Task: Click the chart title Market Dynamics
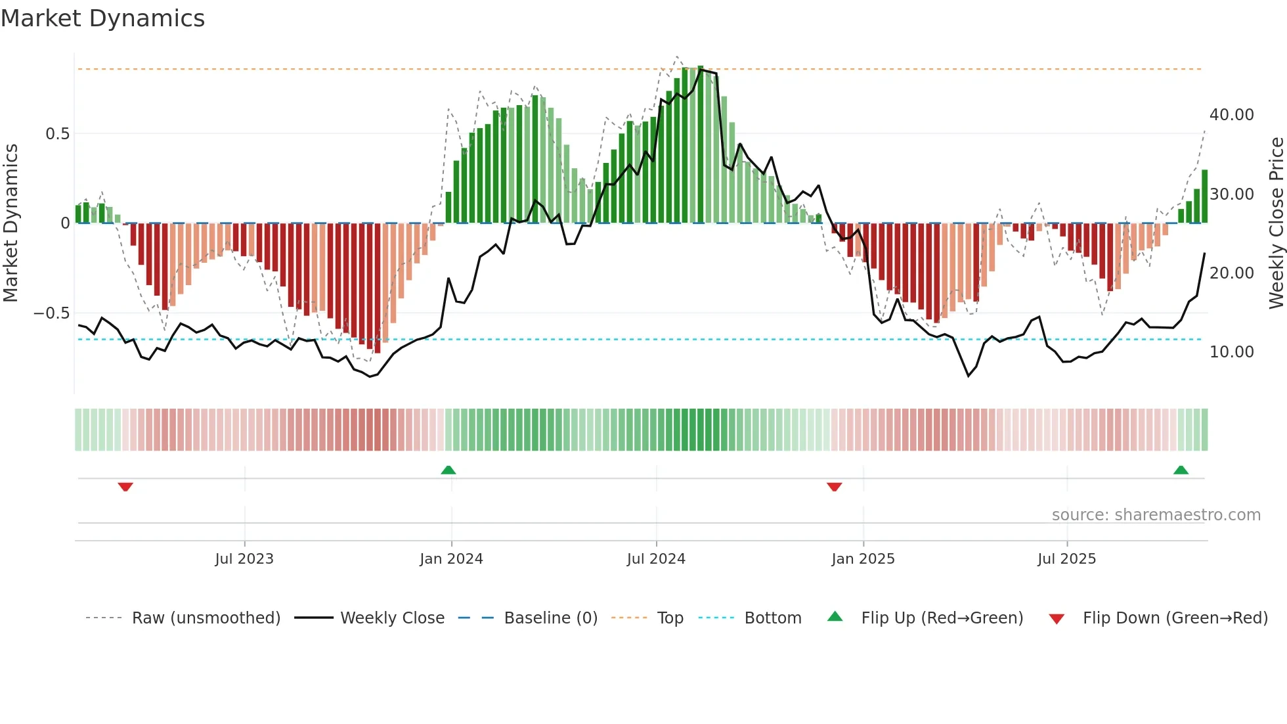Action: click(x=102, y=18)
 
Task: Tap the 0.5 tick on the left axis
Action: click(x=57, y=134)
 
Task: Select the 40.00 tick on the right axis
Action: click(x=1231, y=115)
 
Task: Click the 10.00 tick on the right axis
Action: click(x=1231, y=352)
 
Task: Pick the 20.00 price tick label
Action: click(x=1231, y=273)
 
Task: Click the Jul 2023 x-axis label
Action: click(x=244, y=559)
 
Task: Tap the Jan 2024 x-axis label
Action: click(x=451, y=559)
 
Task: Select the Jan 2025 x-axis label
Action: click(x=862, y=559)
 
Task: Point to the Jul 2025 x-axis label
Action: click(x=1066, y=559)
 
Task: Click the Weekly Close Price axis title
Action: click(x=1276, y=223)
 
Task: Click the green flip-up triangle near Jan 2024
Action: click(x=448, y=470)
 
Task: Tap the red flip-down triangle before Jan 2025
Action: click(x=834, y=487)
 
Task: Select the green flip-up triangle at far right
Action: click(x=1181, y=470)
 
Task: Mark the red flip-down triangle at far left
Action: click(x=125, y=487)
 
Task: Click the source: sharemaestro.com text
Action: click(x=1156, y=515)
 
